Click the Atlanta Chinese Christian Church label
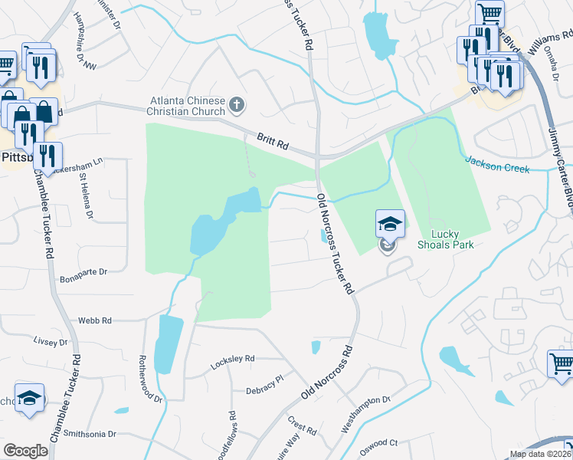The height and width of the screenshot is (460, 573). pos(187,107)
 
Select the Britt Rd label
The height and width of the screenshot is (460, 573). pos(272,140)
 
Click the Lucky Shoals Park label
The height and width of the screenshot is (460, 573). pos(446,239)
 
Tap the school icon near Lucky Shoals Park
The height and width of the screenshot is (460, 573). pos(389,224)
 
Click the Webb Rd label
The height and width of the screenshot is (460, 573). pos(95,320)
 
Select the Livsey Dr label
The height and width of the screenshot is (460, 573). pos(51,342)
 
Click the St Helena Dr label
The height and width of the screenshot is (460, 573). pos(86,195)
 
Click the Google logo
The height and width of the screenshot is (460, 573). pos(25,451)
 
